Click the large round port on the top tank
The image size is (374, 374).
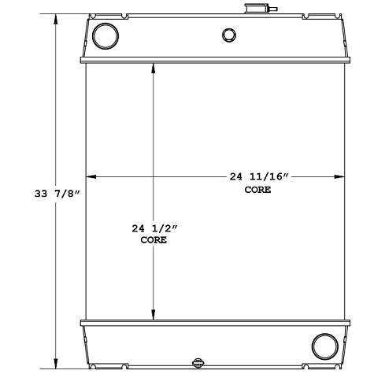[104, 35]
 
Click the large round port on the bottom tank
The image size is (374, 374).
[324, 345]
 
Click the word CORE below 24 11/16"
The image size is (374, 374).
[257, 191]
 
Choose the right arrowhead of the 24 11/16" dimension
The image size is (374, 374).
[341, 177]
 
